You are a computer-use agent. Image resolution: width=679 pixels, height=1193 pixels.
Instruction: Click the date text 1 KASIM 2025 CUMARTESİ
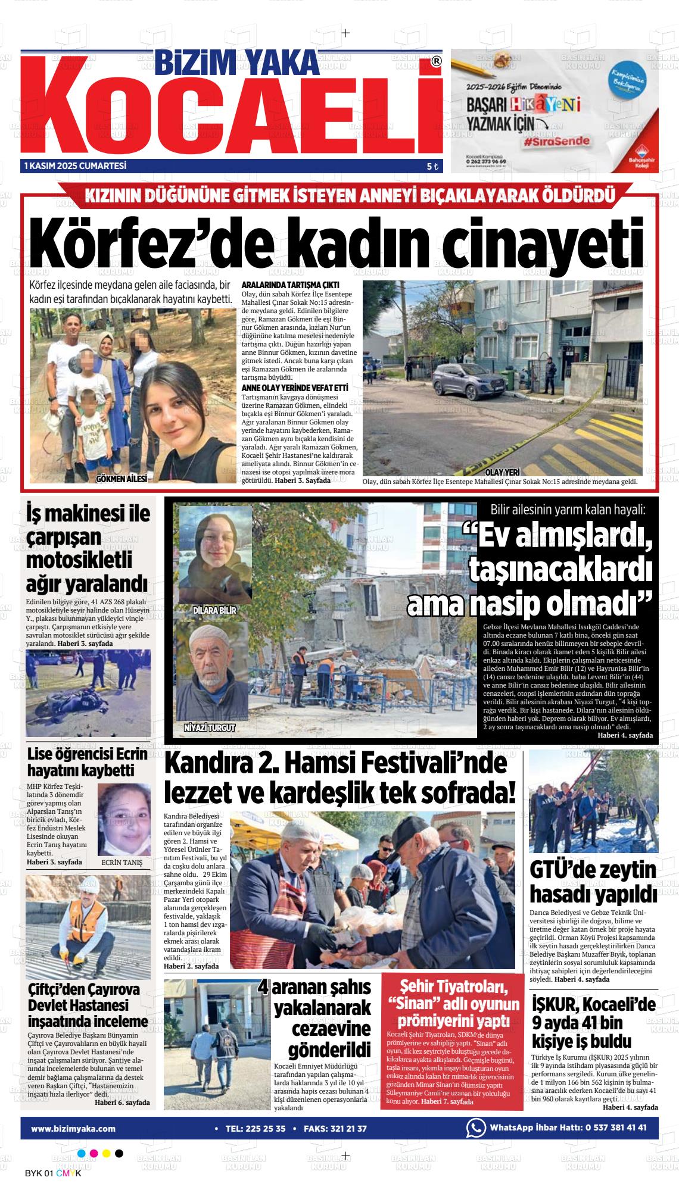tap(75, 166)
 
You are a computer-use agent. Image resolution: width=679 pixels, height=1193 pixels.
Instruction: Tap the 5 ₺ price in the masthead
tap(432, 167)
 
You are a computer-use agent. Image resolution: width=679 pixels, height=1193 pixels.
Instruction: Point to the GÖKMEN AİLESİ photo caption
tap(121, 478)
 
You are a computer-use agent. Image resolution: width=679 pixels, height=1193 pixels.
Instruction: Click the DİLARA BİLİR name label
tap(215, 611)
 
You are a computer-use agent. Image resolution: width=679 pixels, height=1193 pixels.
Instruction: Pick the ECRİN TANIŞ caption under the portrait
tap(122, 862)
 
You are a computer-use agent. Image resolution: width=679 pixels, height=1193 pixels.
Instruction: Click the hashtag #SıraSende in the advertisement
tap(557, 142)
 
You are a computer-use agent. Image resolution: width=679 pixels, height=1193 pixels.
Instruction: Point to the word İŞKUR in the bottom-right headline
tap(553, 1005)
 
